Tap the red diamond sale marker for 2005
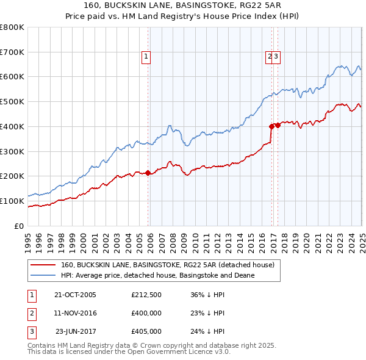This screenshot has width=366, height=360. coord(148,173)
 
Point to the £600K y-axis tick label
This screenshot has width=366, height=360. coord(12,77)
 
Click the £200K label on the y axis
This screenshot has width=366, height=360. coord(12,176)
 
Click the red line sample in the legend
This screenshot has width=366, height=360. coord(43,265)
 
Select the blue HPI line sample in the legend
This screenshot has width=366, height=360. coord(43,275)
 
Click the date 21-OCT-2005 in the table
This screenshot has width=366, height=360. coord(75,295)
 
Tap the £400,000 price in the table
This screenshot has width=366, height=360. coord(146,313)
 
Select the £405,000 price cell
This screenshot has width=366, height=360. coord(146,331)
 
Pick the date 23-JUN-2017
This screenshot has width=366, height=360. coord(76,331)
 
